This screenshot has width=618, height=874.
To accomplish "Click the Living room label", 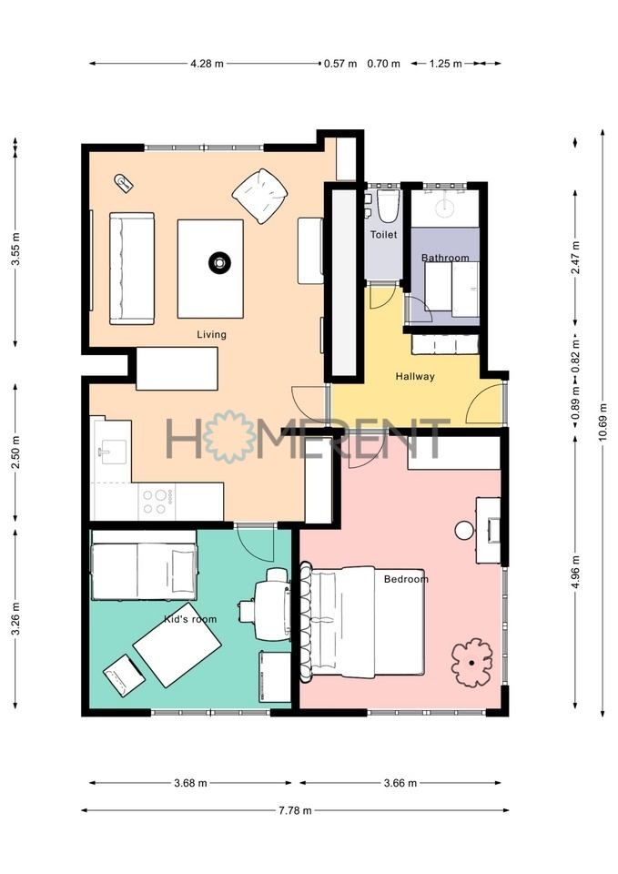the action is coord(211,334).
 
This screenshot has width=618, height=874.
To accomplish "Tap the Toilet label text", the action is coord(384,235).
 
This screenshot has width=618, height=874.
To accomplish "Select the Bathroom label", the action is coord(445,258).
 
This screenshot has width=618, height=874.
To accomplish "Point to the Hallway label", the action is coord(415,376).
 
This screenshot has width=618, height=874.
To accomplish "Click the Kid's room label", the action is coord(190,619).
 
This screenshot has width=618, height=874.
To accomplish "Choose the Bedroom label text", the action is coord(406,579).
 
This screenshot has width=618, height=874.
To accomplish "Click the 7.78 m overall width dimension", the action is coord(295,810).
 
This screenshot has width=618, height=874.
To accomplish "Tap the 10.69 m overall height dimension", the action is coord(603,422).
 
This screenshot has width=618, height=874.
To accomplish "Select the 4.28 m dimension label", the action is coord(208,64).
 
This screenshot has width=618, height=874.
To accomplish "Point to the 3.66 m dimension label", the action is coord(400,783).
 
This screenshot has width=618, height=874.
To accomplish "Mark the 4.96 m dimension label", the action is coord(575,574).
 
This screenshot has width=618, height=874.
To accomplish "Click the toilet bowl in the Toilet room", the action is coord(389,206).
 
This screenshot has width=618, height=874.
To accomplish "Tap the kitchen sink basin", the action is coord(113,451).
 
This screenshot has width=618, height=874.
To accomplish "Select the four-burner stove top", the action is coord(156,501).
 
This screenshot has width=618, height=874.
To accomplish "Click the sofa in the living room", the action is coord(132,268).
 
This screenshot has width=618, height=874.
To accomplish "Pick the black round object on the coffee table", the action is coord(219,262).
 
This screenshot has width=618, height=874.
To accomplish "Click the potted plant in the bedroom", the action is coord(471,662).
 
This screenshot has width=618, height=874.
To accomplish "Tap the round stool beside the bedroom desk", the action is coord(464,530).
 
